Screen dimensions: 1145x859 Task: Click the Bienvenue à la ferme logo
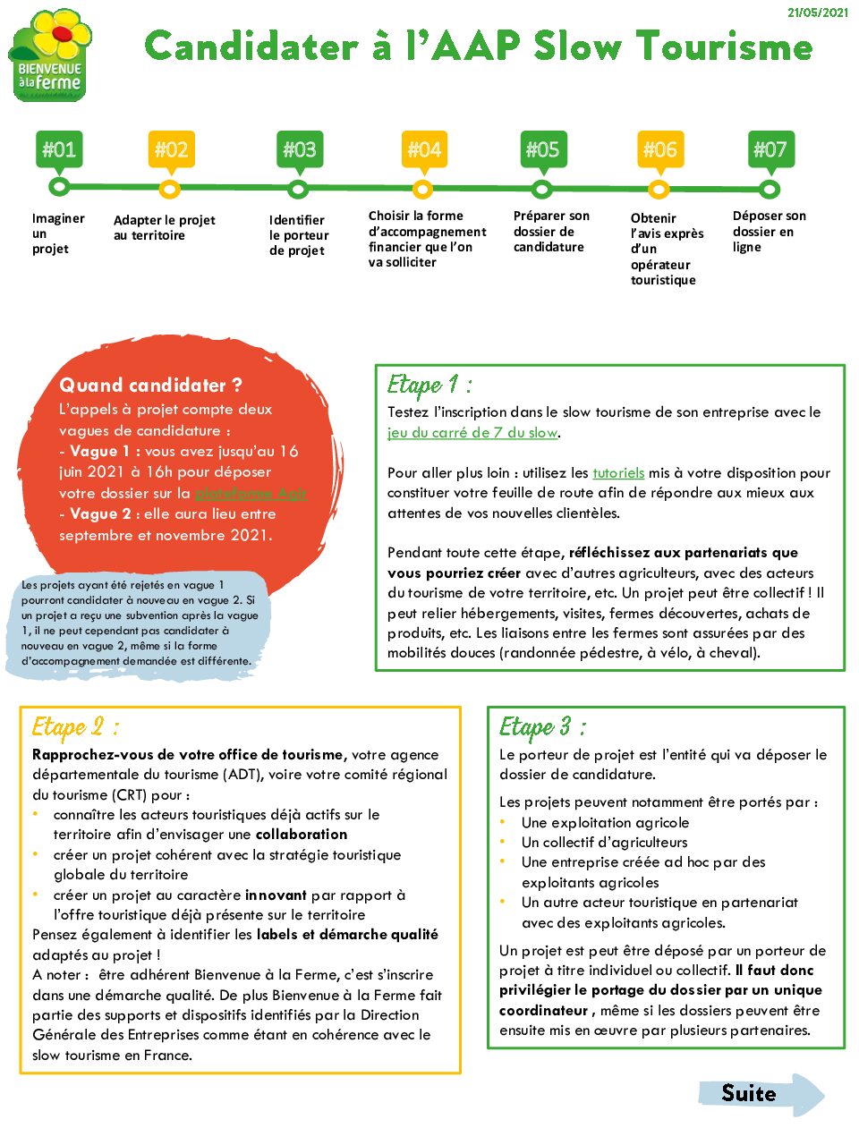(x=51, y=55)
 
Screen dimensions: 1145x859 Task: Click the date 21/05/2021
(x=817, y=13)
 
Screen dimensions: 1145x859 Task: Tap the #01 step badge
(x=59, y=149)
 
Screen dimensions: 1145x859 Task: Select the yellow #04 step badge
(x=424, y=149)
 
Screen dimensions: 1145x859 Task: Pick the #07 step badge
(x=770, y=149)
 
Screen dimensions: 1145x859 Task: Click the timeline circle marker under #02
(x=169, y=189)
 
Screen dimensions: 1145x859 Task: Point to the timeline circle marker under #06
(x=659, y=189)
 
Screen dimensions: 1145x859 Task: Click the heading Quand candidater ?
(x=150, y=386)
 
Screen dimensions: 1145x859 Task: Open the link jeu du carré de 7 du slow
(x=472, y=433)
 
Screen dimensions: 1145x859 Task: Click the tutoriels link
(x=618, y=473)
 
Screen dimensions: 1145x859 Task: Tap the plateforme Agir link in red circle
(x=251, y=493)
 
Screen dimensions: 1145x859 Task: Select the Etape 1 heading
(x=429, y=386)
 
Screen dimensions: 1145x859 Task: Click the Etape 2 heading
(x=75, y=727)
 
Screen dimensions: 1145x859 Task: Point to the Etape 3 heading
(x=542, y=727)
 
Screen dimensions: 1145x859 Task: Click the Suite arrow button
(x=761, y=1094)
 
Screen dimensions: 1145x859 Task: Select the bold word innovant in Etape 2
(x=276, y=895)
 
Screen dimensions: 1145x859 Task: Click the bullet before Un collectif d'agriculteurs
(x=504, y=842)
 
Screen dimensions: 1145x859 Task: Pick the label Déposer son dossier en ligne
(x=769, y=232)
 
